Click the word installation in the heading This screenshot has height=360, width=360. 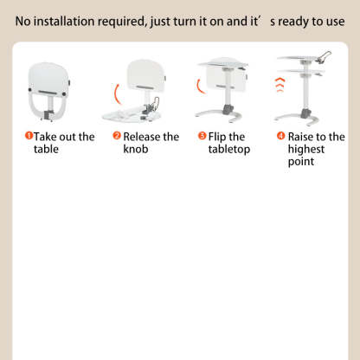click(x=64, y=22)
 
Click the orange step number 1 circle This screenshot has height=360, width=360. click(x=29, y=135)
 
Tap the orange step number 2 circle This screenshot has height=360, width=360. click(x=117, y=135)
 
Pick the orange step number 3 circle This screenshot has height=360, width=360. click(x=202, y=135)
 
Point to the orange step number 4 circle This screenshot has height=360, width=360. click(x=280, y=135)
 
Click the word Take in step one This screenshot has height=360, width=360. click(x=45, y=137)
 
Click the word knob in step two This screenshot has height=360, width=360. click(x=136, y=149)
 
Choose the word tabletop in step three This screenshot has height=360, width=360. click(x=229, y=150)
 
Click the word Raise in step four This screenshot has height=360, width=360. click(x=300, y=137)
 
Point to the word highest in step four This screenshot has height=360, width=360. click(x=306, y=150)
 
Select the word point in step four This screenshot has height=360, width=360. click(x=301, y=162)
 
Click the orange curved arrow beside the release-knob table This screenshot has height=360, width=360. click(x=116, y=94)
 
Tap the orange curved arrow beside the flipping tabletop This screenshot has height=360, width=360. click(x=199, y=87)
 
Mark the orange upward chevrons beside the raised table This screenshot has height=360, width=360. click(x=280, y=85)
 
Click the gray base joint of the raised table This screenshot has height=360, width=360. click(x=305, y=113)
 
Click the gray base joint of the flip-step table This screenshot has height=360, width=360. click(x=228, y=110)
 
